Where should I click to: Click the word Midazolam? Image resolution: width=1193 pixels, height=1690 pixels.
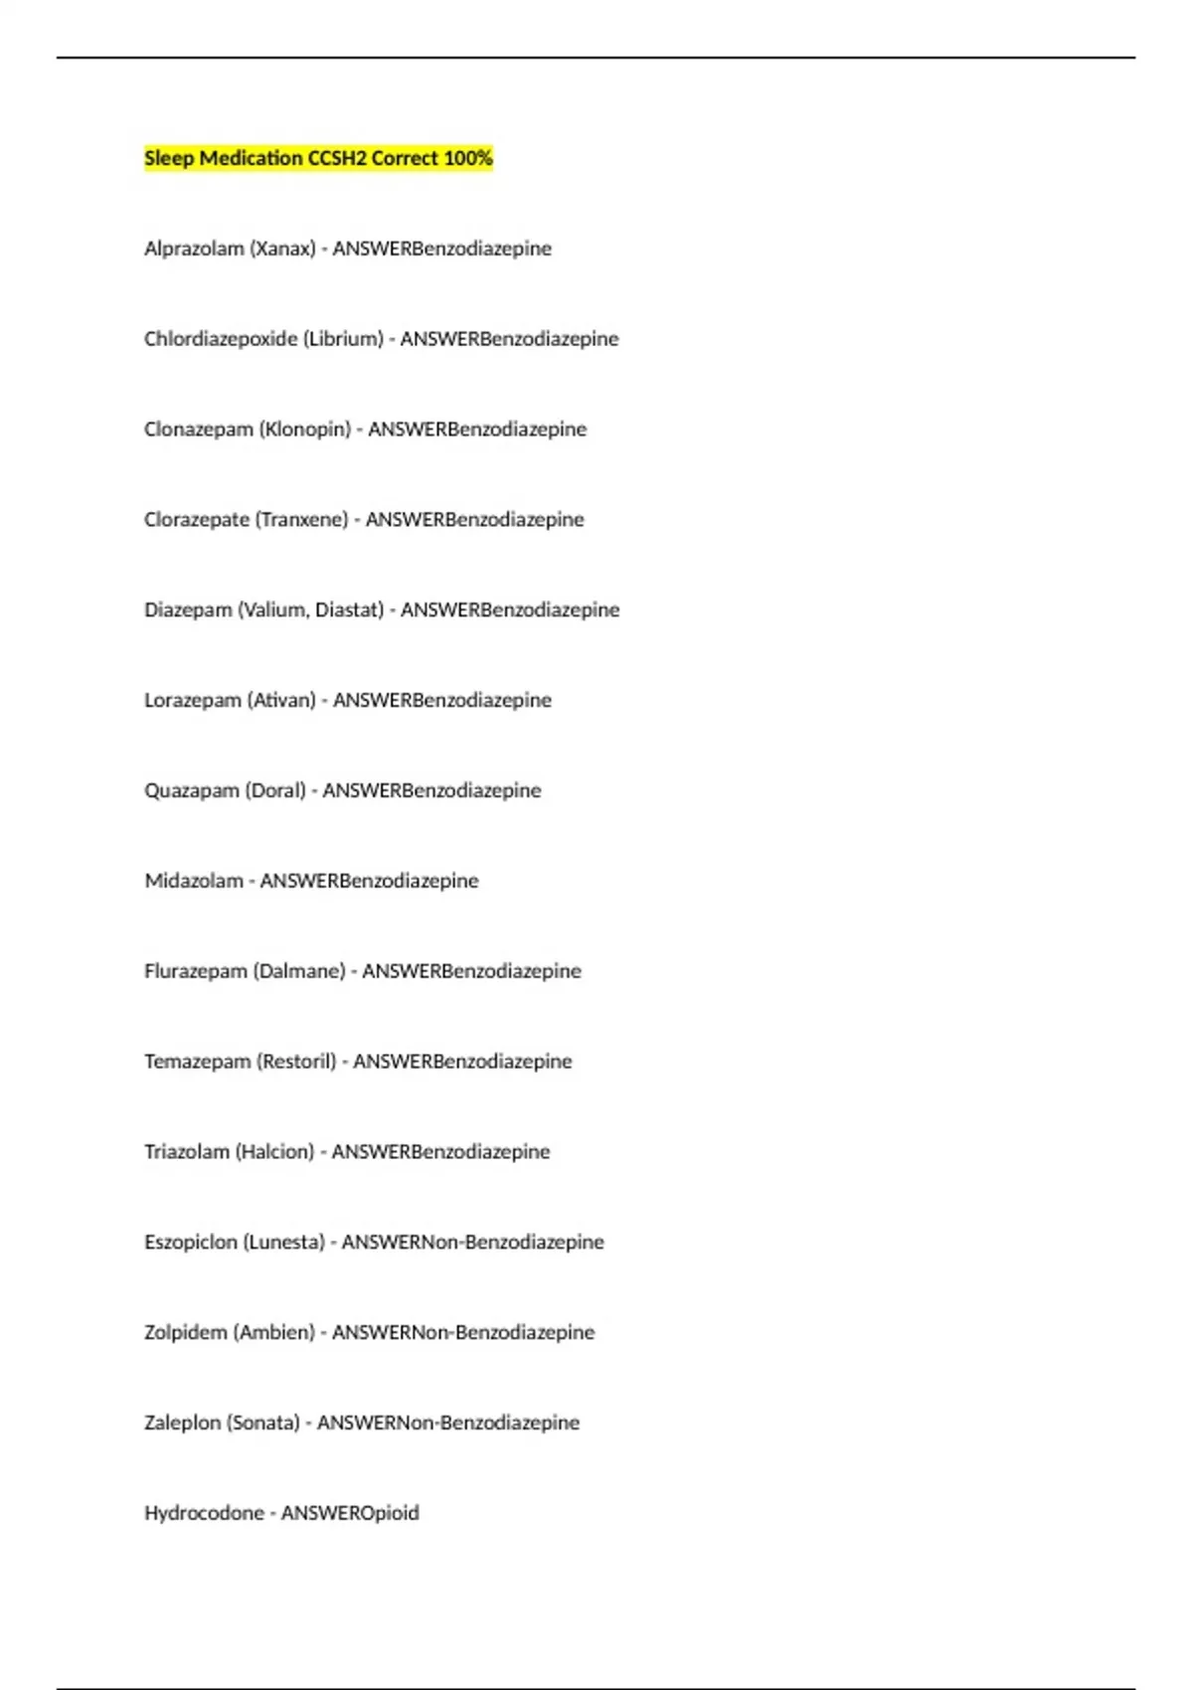pyautogui.click(x=194, y=881)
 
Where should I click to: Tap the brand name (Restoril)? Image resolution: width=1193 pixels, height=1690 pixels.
pyautogui.click(x=296, y=1062)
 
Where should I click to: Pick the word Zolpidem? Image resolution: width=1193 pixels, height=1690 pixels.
pyautogui.click(x=186, y=1333)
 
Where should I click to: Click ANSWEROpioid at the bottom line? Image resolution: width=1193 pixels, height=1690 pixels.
pyautogui.click(x=350, y=1514)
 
